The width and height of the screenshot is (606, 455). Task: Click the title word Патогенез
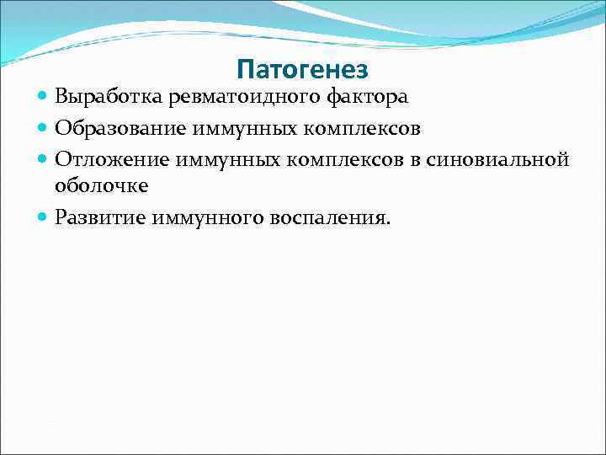(303, 67)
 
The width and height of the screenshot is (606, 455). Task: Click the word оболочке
(101, 186)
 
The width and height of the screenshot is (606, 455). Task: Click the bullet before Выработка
(43, 98)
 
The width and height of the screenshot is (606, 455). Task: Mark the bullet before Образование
(43, 129)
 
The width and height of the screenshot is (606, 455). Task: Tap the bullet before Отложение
(43, 158)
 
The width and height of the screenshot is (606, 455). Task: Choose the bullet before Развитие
(43, 218)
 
